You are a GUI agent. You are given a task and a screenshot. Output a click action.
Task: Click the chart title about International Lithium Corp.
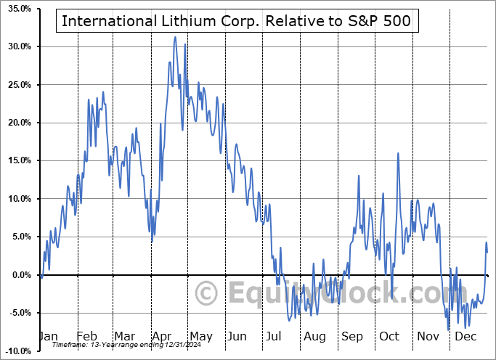pyautogui.click(x=236, y=21)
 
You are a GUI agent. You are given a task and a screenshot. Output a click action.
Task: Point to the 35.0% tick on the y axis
pyautogui.click(x=17, y=9)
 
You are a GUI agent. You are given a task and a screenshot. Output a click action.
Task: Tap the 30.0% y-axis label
pyautogui.click(x=17, y=46)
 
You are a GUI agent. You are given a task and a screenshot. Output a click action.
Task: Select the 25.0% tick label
pyautogui.click(x=17, y=85)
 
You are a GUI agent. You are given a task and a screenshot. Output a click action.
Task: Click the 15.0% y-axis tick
pyautogui.click(x=17, y=160)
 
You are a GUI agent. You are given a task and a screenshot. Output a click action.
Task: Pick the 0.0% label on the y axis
pyautogui.click(x=19, y=274)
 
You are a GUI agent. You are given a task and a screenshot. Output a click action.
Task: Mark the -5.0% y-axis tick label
pyautogui.click(x=17, y=313)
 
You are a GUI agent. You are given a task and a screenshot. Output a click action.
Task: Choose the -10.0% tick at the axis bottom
pyautogui.click(x=16, y=351)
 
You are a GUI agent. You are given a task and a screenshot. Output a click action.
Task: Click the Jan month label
pyautogui.click(x=48, y=337)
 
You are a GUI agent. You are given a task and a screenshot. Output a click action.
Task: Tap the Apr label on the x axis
pyautogui.click(x=161, y=337)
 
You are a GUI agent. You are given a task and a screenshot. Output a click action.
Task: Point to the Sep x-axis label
pyautogui.click(x=353, y=337)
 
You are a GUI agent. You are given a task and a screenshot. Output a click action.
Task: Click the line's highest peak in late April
pyautogui.click(x=175, y=37)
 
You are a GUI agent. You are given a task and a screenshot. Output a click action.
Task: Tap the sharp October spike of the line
pyautogui.click(x=398, y=153)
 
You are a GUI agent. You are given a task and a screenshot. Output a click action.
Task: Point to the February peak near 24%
pyautogui.click(x=103, y=92)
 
